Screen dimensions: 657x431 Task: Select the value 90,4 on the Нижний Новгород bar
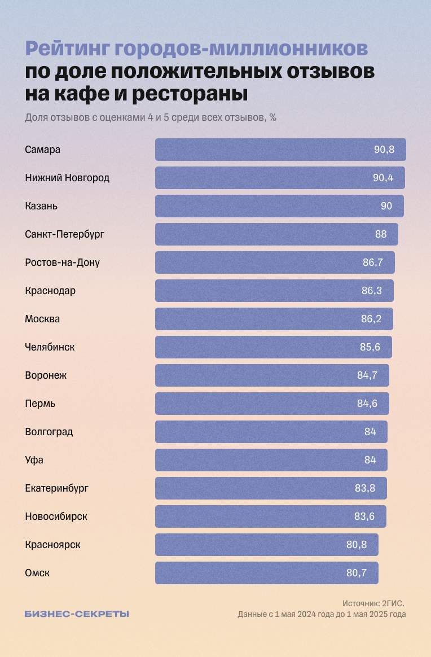[x=383, y=178]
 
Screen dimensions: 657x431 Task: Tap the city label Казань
[x=41, y=206]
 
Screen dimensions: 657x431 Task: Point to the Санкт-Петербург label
[x=65, y=234]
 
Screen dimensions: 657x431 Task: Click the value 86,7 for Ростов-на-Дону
[x=373, y=262]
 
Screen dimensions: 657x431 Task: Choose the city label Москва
[x=42, y=319]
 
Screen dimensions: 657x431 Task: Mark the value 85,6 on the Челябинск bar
[x=370, y=347]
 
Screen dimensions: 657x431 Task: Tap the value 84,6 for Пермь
[x=367, y=404]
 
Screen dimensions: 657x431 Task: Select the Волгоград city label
[x=49, y=432]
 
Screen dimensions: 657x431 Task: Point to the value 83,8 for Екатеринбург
[x=365, y=488]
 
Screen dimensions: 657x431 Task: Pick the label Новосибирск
[x=56, y=516]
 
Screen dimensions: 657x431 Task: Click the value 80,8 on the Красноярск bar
[x=357, y=545]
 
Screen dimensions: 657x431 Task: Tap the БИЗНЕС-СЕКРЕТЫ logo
[x=77, y=614]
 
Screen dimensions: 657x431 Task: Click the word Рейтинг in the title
[x=67, y=50]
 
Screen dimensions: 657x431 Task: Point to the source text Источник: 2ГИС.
[x=373, y=603]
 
